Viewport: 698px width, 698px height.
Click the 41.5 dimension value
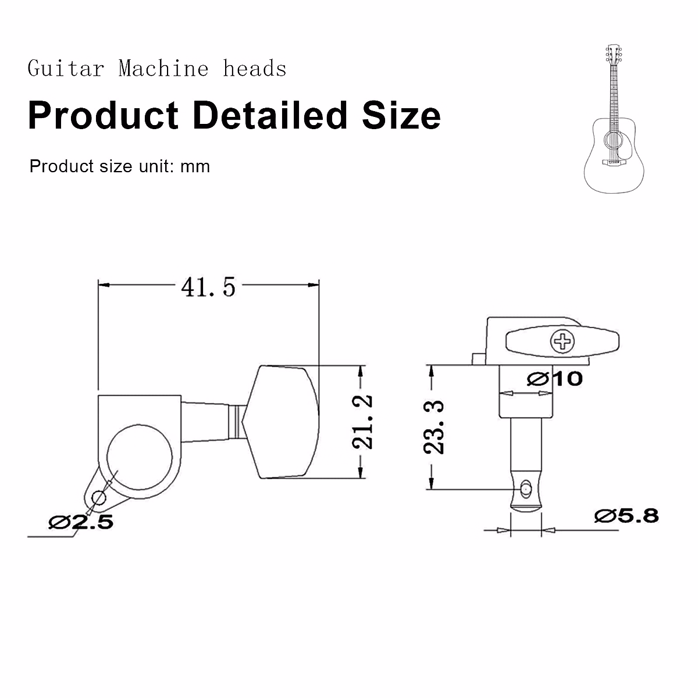click(208, 287)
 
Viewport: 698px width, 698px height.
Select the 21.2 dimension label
click(362, 422)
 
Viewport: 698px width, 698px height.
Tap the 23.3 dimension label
click(433, 428)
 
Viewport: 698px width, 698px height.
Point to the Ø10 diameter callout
click(555, 379)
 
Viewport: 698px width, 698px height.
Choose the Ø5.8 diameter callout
click(626, 516)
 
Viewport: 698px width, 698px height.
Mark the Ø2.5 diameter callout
click(81, 522)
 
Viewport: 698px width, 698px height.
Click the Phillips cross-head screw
click(562, 341)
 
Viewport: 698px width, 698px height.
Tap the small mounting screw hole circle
click(98, 498)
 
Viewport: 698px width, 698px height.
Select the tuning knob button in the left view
click(281, 422)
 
